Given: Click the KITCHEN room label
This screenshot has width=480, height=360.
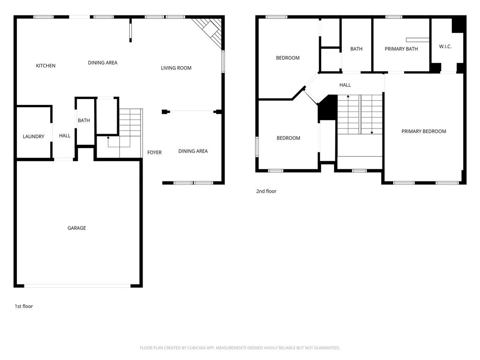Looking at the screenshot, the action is [x=45, y=66].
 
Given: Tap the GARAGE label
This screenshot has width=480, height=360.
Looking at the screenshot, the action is [x=76, y=228].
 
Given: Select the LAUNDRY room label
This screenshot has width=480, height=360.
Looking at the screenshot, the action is [x=33, y=136].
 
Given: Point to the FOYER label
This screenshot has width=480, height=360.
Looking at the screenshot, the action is [x=154, y=152].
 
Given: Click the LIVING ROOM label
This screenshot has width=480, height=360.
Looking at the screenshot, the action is [x=176, y=68].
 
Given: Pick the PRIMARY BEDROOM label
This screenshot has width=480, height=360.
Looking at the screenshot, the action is [x=424, y=131].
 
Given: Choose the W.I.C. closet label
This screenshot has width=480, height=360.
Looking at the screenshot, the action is [x=445, y=46].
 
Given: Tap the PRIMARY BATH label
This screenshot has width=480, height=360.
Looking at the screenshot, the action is [x=401, y=49].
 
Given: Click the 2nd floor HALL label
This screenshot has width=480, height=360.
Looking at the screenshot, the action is [x=345, y=85].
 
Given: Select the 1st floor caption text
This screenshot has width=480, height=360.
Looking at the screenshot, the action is [x=24, y=306].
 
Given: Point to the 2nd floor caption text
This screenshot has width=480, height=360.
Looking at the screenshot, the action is [x=266, y=191].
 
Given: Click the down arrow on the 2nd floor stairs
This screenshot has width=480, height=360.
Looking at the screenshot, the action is [x=372, y=114].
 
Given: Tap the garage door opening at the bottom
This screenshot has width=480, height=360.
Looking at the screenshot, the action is [x=77, y=286].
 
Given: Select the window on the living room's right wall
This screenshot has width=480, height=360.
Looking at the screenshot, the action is [x=223, y=61].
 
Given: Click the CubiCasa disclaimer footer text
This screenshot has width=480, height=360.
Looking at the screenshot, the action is [x=240, y=348].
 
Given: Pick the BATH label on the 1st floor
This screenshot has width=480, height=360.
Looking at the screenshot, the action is [x=83, y=120].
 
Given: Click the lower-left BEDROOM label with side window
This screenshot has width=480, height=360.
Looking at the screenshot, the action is [x=288, y=138].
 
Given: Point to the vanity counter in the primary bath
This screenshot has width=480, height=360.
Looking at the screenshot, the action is [x=418, y=40].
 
